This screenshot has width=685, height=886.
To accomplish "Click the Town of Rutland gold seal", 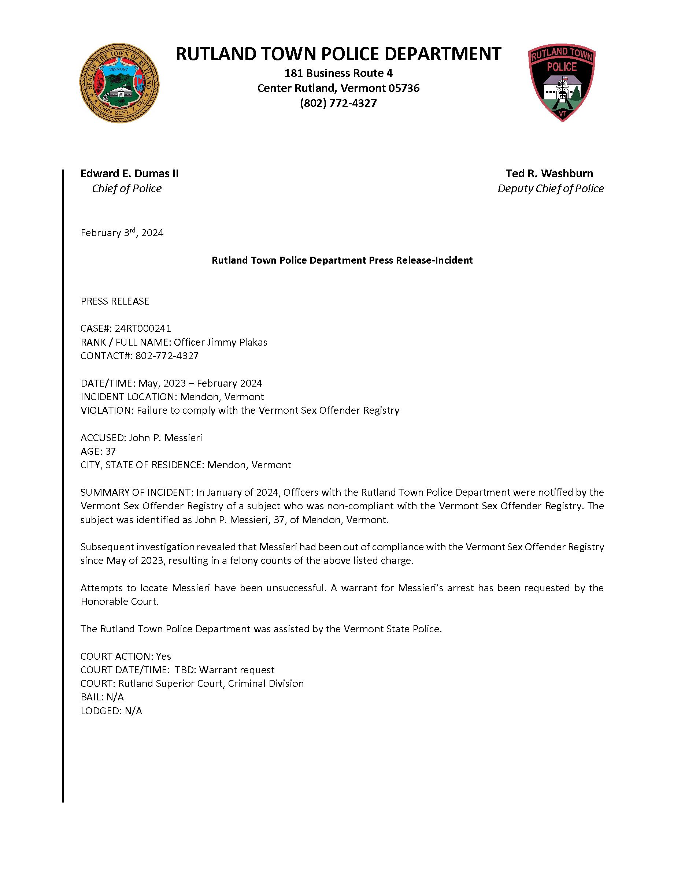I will (119, 83).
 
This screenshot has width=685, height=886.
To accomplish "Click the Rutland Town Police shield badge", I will (562, 82).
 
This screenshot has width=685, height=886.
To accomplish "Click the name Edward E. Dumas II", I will (129, 173).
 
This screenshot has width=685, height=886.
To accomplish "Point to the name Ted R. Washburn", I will (549, 173).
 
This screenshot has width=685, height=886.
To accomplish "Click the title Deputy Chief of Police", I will (550, 188).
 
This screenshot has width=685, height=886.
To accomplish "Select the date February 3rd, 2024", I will (122, 232).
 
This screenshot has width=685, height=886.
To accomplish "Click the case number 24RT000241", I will (143, 328).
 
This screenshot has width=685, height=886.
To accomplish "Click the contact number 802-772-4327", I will (167, 356).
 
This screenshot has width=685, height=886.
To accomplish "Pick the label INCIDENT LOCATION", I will (129, 397).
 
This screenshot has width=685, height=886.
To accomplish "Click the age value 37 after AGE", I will (110, 451).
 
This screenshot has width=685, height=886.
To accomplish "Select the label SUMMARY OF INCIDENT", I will (136, 492).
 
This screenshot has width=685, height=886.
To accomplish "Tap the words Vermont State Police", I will (392, 629).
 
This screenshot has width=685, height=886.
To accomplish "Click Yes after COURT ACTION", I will (163, 656).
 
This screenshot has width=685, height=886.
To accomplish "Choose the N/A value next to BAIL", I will (115, 697).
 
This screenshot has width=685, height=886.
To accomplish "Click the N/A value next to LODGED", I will (133, 711).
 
